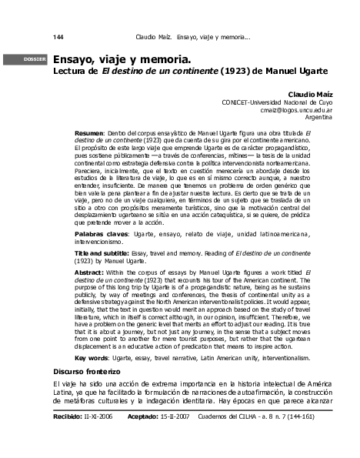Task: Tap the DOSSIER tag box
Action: (36, 58)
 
